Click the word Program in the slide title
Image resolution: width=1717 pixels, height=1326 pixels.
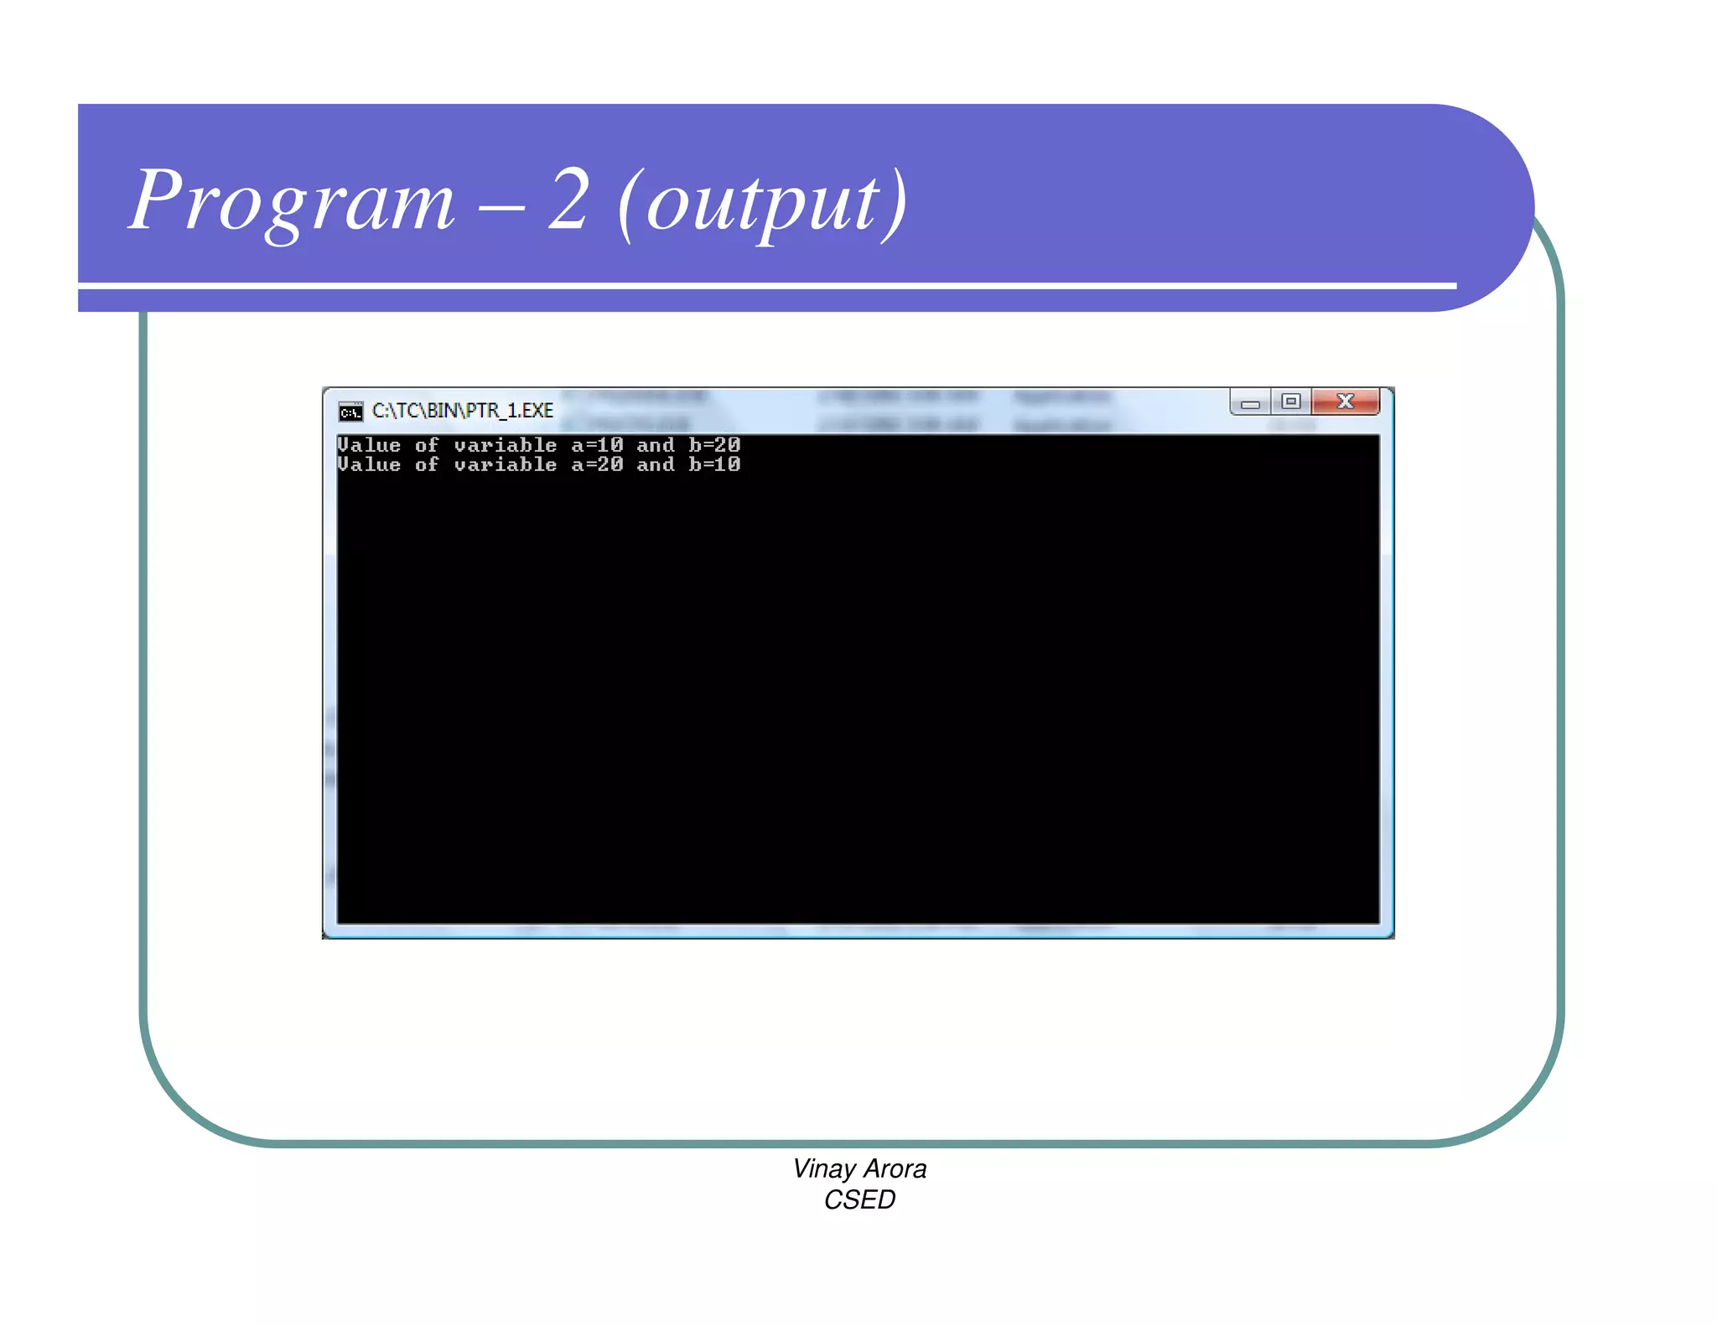[x=292, y=201]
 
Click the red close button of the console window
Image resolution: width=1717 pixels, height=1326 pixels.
[x=1345, y=401]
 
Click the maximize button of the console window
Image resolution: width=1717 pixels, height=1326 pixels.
[x=1291, y=401]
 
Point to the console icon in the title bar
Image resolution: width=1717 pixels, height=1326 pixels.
[x=350, y=411]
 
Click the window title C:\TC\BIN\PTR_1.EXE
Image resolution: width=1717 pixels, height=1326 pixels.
[x=463, y=411]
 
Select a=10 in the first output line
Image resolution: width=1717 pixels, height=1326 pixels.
[x=597, y=445]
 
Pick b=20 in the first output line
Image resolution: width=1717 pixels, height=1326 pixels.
[x=714, y=445]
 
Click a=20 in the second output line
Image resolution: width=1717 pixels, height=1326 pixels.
[x=597, y=464]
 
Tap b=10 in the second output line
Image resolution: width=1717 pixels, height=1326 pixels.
[x=714, y=464]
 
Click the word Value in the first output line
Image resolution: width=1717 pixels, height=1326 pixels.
[x=369, y=445]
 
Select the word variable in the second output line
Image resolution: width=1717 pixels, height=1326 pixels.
[x=505, y=464]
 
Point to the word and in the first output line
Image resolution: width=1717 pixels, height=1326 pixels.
[x=655, y=445]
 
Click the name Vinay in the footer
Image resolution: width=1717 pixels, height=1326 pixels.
[x=823, y=1168]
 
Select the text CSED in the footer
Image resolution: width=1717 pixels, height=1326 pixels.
[x=859, y=1199]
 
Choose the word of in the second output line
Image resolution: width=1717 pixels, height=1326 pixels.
[x=427, y=464]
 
